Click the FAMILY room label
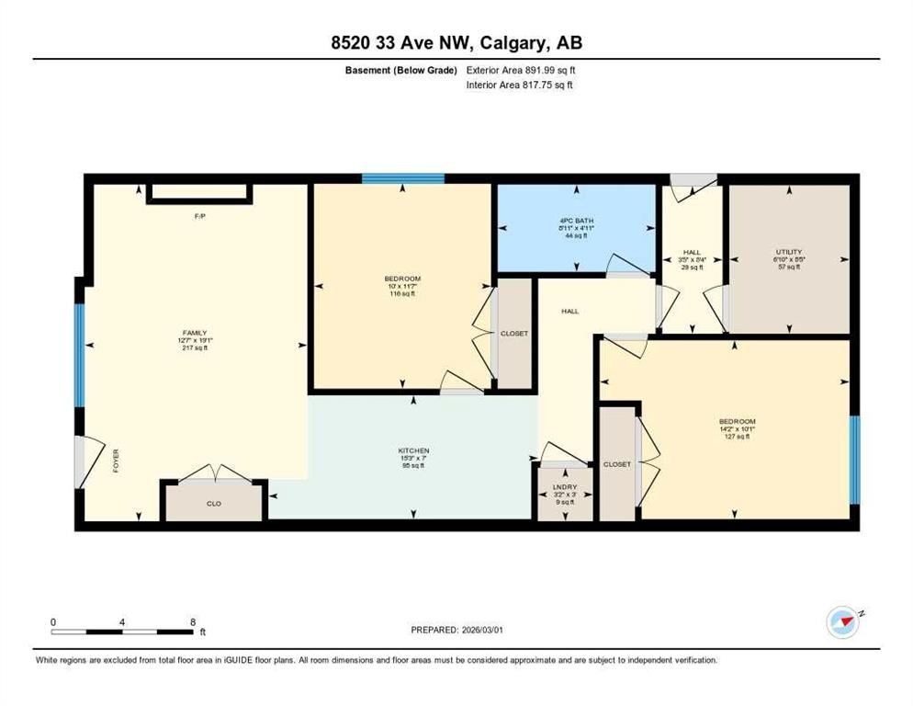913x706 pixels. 194,333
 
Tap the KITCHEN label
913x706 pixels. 413,450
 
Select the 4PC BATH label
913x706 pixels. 576,221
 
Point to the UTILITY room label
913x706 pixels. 788,252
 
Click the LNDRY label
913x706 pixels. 564,485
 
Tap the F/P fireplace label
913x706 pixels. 198,217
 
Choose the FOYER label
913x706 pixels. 116,461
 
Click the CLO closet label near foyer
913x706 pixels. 213,504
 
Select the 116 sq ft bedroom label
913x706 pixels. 402,279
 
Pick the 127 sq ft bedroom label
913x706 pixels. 737,422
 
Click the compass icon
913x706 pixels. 841,621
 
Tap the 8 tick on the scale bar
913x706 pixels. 192,622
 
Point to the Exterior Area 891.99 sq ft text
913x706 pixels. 521,70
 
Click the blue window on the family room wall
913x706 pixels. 80,354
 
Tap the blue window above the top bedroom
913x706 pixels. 402,178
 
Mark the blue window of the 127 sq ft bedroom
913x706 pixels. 853,460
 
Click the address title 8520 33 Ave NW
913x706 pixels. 456,42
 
